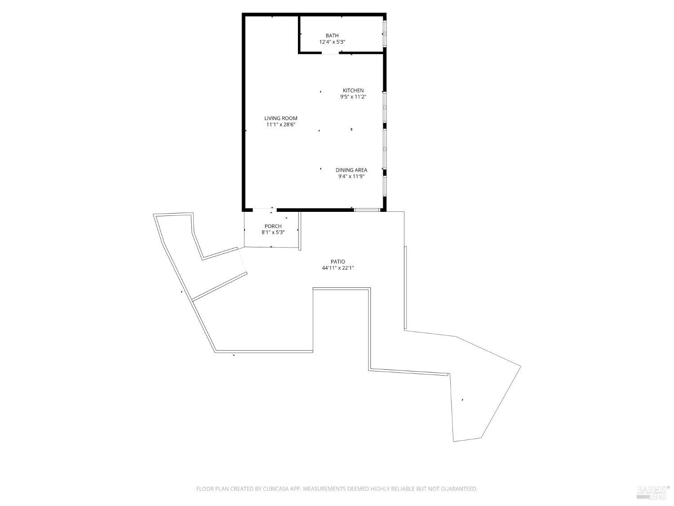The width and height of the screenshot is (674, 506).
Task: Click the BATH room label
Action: [332, 36]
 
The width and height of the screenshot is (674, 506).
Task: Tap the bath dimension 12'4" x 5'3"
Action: [332, 42]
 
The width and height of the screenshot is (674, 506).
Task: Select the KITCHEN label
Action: [353, 90]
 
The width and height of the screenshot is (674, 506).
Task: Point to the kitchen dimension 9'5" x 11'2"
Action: [353, 97]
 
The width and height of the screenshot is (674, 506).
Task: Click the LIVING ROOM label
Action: [281, 118]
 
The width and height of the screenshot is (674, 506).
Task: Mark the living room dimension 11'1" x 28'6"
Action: [281, 125]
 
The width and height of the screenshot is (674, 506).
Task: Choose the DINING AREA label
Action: [351, 170]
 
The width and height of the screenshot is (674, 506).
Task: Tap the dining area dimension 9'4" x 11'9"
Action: [351, 176]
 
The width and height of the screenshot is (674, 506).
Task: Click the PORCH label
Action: [273, 226]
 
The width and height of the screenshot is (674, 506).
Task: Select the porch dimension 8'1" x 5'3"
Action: [273, 233]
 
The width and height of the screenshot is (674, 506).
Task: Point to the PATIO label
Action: [338, 261]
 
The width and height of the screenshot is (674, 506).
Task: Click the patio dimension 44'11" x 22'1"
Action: [338, 268]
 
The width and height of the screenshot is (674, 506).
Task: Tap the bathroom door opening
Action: [330, 53]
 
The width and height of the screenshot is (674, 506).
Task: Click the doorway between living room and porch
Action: [264, 210]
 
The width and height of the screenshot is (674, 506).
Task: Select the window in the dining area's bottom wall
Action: [367, 210]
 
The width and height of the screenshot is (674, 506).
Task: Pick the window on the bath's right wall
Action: [385, 33]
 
